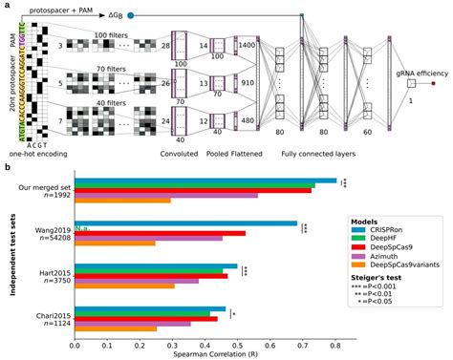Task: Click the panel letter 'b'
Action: click(8, 168)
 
